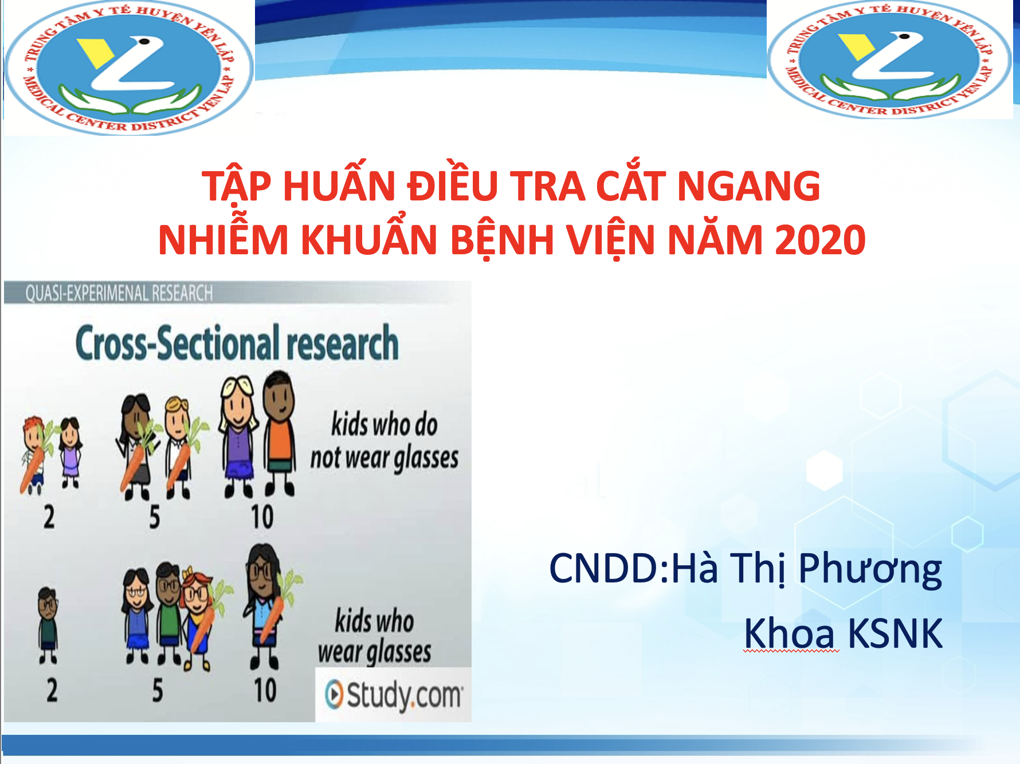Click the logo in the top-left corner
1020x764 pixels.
point(128,68)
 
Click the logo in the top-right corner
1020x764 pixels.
point(889,60)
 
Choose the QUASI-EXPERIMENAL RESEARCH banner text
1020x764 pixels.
point(119,293)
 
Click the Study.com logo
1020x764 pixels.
point(393,695)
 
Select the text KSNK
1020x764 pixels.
point(895,633)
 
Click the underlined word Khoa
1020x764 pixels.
point(791,633)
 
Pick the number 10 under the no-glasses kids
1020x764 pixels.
point(262,517)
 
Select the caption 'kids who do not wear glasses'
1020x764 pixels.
point(385,441)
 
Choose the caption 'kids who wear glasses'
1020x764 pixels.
point(375,637)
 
